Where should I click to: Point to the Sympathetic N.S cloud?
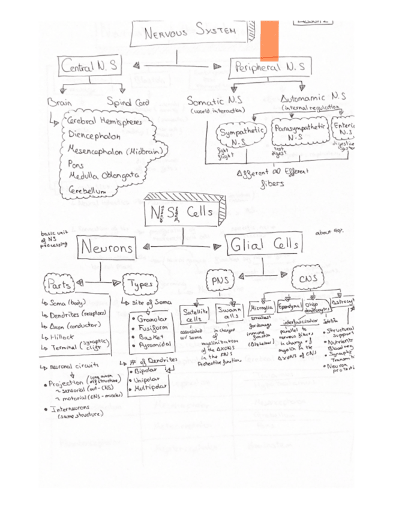click(x=236, y=136)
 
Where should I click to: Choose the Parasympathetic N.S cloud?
click(x=301, y=133)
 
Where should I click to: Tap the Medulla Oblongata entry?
click(x=103, y=175)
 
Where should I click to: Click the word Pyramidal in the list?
click(x=155, y=346)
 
